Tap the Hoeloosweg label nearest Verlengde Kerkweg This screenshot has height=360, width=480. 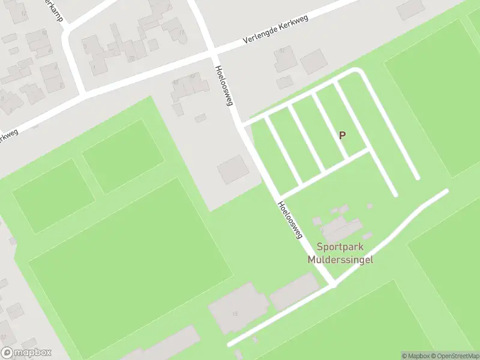[224, 85]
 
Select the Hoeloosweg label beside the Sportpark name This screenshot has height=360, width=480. [290, 220]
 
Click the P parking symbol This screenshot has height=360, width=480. [342, 136]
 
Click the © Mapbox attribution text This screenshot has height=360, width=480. [414, 356]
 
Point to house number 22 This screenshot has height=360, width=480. [131, 58]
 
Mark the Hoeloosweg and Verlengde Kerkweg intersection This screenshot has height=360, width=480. [214, 52]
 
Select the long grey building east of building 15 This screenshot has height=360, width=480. [293, 292]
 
